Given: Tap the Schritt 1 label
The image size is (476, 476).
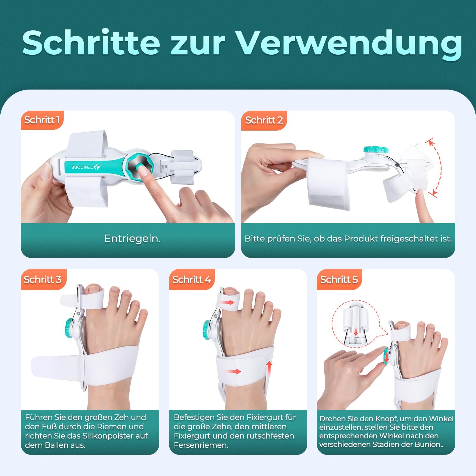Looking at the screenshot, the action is coord(42,120).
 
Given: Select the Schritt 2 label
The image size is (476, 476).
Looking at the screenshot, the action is coord(264,120).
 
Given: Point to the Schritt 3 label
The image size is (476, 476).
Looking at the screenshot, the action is coord(43,280).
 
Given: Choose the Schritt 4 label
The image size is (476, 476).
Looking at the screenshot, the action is coord(192,280).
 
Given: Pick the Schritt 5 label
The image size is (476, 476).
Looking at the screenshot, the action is coord(339,280).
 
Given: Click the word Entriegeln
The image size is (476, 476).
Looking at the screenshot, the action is coord(132,239).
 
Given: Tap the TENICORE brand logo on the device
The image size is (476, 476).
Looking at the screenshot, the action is coord(85,167).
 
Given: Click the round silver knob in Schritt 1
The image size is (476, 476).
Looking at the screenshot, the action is coord(139,167).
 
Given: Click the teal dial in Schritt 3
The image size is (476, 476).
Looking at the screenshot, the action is coord(70,328).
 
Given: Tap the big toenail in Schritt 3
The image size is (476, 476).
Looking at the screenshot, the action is coord(93,287).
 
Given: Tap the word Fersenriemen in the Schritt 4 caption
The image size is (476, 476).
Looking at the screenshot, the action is coord(201,445).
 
